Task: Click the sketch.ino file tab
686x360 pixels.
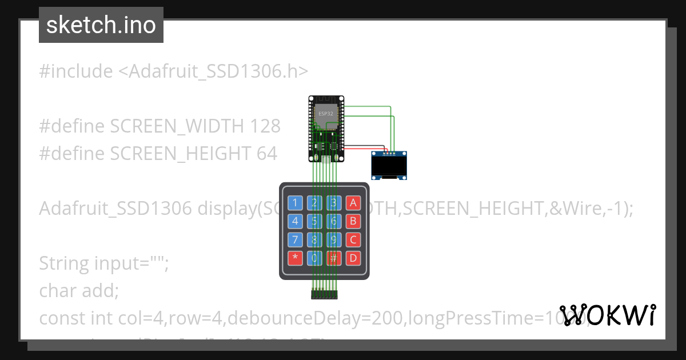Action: (101, 25)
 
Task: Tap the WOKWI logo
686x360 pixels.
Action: (608, 315)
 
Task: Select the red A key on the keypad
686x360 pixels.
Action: (353, 203)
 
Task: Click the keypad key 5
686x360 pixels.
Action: (314, 221)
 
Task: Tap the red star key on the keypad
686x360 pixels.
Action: (295, 258)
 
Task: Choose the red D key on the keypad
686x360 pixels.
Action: (353, 258)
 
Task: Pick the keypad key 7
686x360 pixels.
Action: (295, 239)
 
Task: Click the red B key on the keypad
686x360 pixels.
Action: (353, 221)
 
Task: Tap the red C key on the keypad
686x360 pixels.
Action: (353, 239)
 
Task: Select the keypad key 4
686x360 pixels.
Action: (295, 221)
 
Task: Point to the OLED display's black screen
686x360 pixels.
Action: (389, 166)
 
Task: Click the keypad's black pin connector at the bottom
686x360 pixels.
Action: (324, 295)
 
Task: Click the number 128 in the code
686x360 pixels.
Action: (265, 126)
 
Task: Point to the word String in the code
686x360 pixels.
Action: (65, 263)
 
